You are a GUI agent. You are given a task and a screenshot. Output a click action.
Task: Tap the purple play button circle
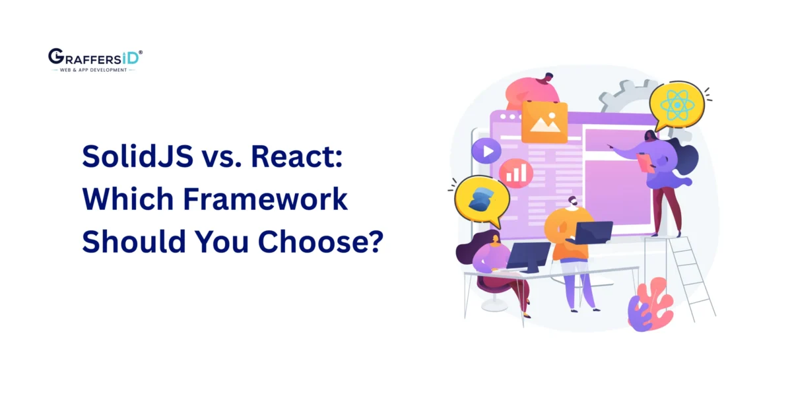pyautogui.click(x=487, y=152)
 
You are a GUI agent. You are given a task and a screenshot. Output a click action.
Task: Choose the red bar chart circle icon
pyautogui.click(x=515, y=173)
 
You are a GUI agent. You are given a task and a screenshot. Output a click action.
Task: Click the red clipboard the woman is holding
pyautogui.click(x=644, y=161)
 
